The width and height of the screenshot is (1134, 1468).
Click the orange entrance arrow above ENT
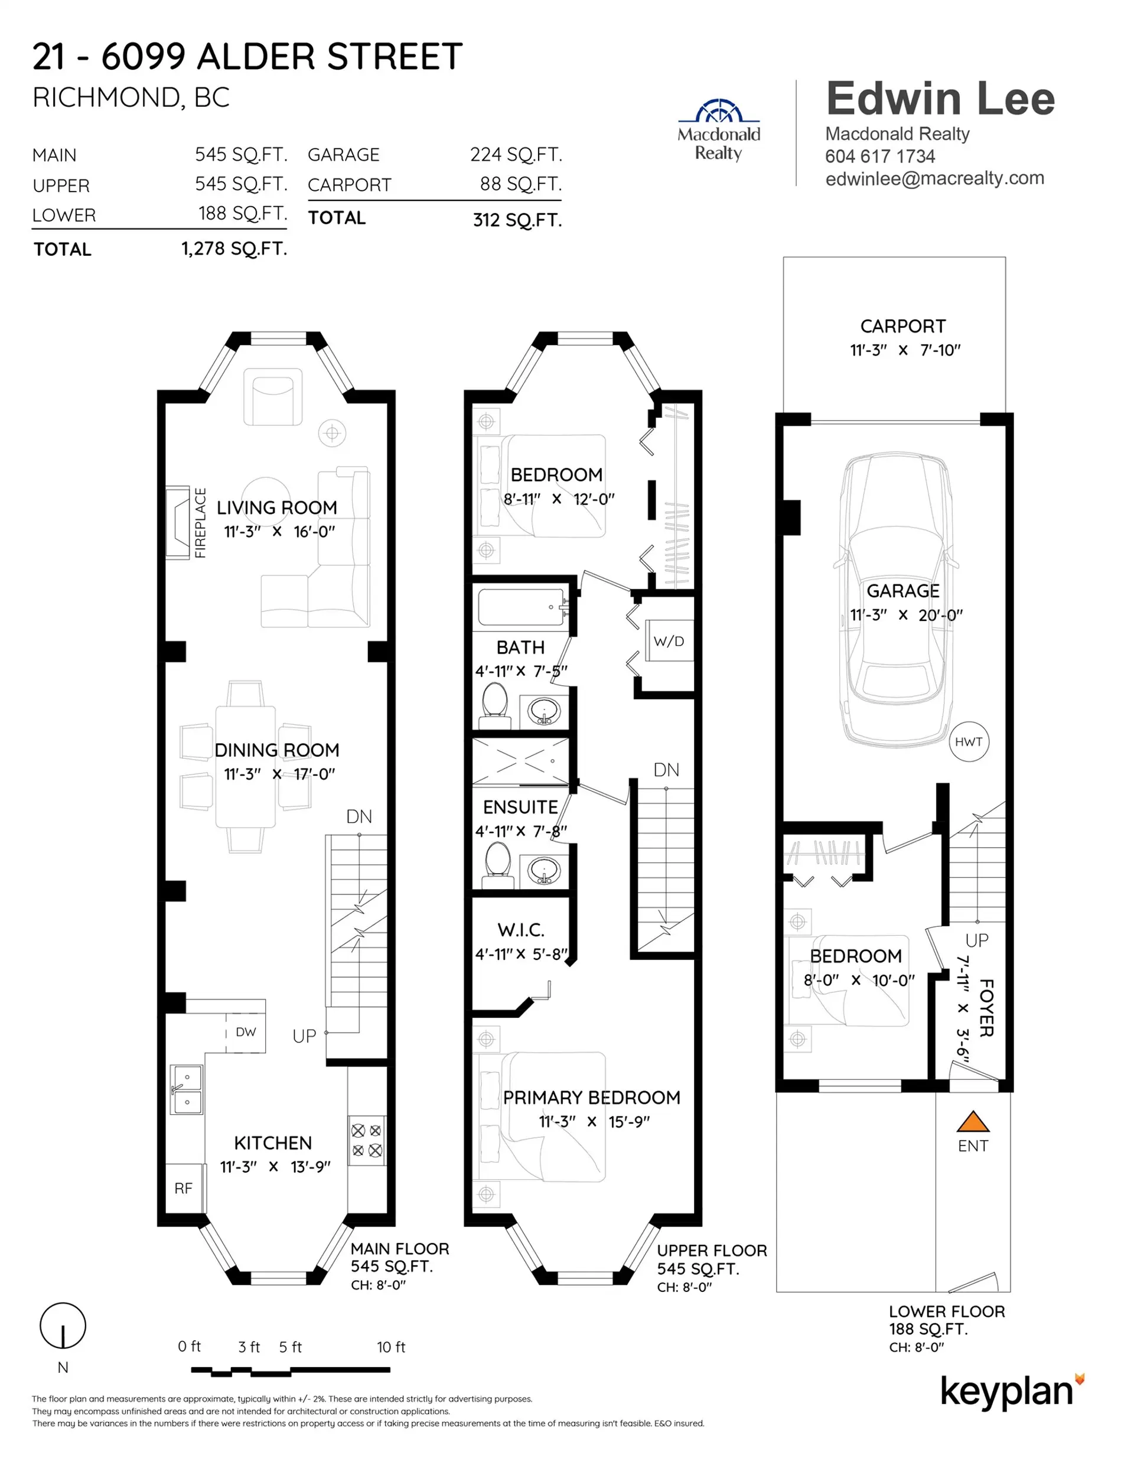click(x=973, y=1121)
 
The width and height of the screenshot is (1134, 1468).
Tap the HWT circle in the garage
click(x=968, y=741)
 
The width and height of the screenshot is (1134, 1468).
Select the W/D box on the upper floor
click(x=669, y=640)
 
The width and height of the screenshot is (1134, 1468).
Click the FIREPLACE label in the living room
click(x=200, y=523)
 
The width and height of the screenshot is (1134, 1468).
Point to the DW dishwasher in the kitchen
click(x=245, y=1032)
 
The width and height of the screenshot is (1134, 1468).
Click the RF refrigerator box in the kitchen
click(x=184, y=1188)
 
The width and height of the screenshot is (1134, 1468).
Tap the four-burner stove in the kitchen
click(x=367, y=1140)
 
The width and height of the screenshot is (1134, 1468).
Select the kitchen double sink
click(x=185, y=1089)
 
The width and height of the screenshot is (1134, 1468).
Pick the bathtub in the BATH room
click(x=522, y=607)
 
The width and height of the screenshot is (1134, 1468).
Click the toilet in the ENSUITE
click(x=498, y=862)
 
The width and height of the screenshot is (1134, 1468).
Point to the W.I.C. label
click(x=520, y=930)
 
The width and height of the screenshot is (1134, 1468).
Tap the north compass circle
click(x=63, y=1326)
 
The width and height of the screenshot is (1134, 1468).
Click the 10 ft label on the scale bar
click(x=390, y=1347)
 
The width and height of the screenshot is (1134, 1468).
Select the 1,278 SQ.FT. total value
click(x=234, y=249)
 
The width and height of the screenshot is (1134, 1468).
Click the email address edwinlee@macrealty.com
click(x=934, y=178)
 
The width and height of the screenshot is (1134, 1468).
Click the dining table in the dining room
click(x=245, y=766)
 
